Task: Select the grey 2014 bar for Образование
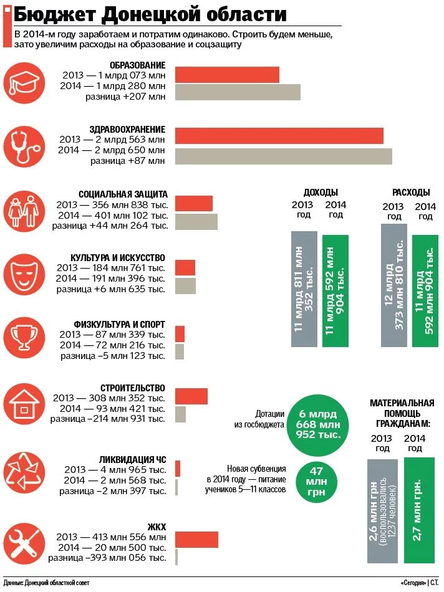[x=238, y=92]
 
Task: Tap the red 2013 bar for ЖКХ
[x=196, y=539]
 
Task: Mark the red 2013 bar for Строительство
[x=191, y=396]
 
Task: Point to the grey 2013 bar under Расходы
[x=393, y=285]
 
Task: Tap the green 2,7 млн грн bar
[x=419, y=510]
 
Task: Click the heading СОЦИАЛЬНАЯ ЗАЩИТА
[x=123, y=194]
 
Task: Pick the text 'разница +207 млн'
[x=125, y=97]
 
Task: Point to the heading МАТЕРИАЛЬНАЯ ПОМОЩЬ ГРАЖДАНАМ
[x=402, y=413]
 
